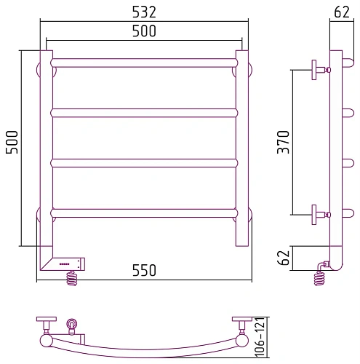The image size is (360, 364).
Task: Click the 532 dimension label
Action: tap(144, 12)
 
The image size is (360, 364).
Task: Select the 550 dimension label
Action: tap(144, 270)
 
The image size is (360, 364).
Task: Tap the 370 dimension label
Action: tap(284, 142)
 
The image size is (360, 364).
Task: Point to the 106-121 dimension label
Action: tap(259, 337)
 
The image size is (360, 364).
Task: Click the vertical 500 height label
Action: tap(12, 142)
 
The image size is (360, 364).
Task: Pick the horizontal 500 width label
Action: tap(144, 31)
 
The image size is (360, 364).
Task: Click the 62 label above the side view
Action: tap(342, 12)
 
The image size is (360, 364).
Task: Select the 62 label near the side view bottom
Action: tap(284, 258)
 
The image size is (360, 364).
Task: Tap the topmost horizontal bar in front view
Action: tap(144, 63)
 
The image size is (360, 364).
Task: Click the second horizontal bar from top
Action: tap(144, 113)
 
